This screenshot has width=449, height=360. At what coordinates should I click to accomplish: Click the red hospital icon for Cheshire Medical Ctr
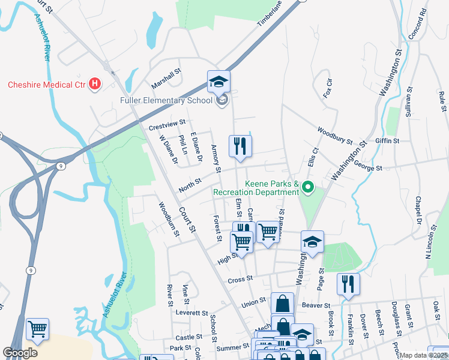click(x=94, y=85)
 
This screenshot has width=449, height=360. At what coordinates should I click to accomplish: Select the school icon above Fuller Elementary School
click(x=219, y=82)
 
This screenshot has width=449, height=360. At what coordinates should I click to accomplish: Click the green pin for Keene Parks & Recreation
click(x=309, y=188)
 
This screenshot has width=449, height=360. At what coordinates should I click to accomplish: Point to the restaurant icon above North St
click(x=240, y=146)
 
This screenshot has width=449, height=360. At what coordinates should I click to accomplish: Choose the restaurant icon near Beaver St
click(x=348, y=283)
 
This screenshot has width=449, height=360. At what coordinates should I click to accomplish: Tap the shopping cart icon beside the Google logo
click(x=38, y=329)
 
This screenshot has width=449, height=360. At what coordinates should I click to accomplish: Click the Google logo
click(x=20, y=353)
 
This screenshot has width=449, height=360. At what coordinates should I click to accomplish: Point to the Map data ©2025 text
click(x=423, y=355)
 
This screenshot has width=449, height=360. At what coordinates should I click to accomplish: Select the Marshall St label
click(x=166, y=77)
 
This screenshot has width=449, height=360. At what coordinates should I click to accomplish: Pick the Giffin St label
click(x=387, y=141)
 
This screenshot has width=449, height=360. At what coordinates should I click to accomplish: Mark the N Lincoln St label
click(x=429, y=244)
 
